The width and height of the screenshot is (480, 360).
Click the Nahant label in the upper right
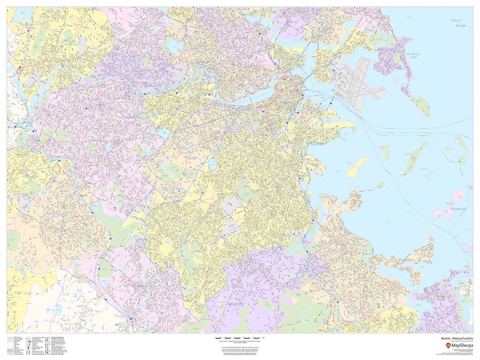click(455, 20)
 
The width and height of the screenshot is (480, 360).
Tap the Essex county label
click(461, 26)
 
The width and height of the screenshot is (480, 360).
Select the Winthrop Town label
click(413, 55)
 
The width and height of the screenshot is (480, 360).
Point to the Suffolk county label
click(317, 144)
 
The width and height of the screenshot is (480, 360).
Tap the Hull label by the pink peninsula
click(449, 203)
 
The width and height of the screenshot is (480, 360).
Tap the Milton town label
click(262, 290)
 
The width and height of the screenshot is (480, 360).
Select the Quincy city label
click(367, 253)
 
